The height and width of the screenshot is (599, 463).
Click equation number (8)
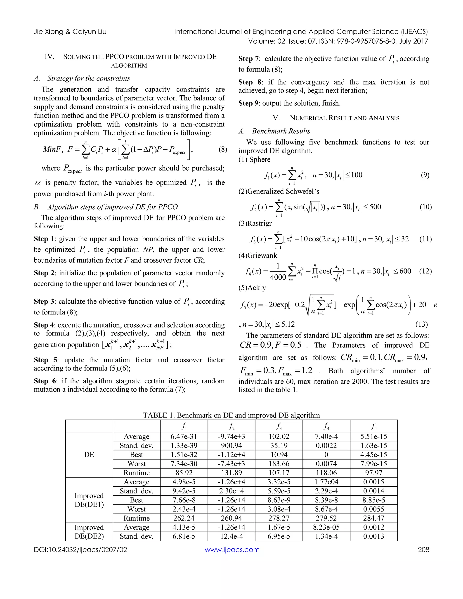coord(223,149)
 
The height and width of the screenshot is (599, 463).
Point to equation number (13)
coord(421,324)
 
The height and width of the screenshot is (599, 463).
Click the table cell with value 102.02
coord(279,436)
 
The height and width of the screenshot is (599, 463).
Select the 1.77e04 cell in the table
coord(326,482)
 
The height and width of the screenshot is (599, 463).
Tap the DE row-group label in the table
coord(89,455)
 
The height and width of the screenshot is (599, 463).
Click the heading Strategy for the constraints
coord(89,78)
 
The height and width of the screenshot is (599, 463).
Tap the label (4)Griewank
coord(257,255)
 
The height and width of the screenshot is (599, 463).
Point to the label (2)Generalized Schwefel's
coord(279,191)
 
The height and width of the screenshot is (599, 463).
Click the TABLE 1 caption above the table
coord(231,415)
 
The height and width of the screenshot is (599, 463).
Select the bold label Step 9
coord(248,103)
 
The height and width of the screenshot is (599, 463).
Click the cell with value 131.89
coord(231,473)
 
